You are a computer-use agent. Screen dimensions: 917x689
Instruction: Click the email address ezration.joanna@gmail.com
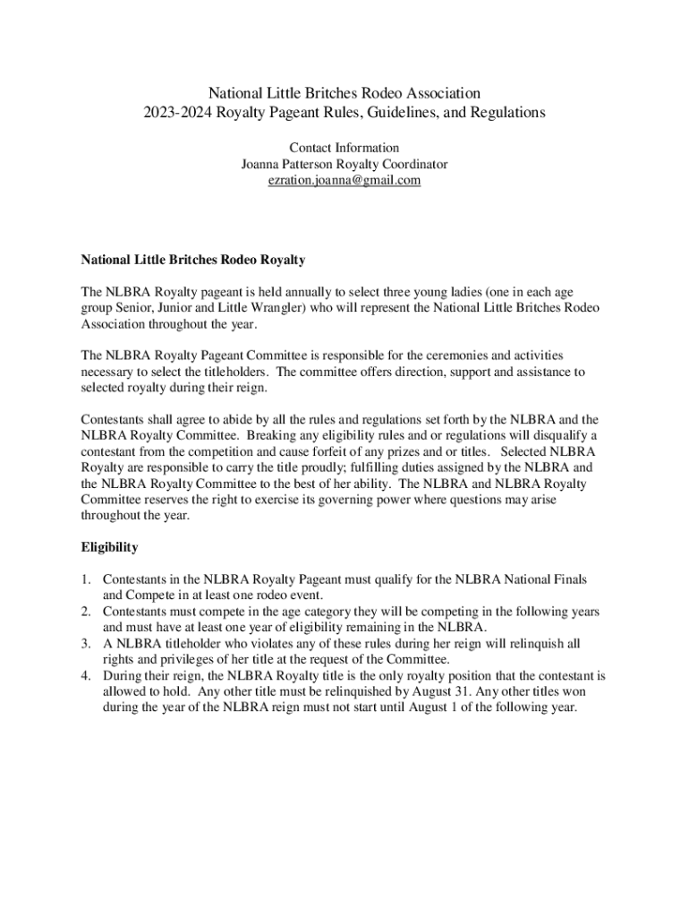pos(344,180)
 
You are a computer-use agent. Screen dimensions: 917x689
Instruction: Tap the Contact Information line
pos(344,148)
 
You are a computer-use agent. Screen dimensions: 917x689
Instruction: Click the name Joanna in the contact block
pos(263,164)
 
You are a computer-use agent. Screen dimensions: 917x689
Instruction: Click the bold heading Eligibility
pos(109,546)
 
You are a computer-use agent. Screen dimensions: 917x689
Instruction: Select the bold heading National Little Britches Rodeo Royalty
pos(193,260)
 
